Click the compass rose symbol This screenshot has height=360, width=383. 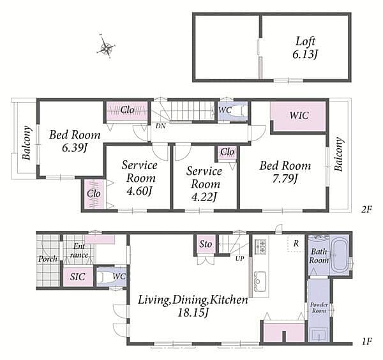click(106, 47)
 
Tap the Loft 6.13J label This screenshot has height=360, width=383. click(305, 48)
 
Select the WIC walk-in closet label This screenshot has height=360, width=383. click(299, 116)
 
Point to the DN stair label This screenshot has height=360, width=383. click(160, 126)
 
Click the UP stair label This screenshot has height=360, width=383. click(239, 259)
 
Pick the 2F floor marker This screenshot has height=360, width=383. click(366, 209)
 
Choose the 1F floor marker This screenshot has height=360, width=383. click(366, 341)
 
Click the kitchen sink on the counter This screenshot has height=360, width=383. click(260, 281)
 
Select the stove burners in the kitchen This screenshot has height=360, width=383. click(260, 246)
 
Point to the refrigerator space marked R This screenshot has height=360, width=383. click(296, 243)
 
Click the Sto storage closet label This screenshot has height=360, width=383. click(206, 244)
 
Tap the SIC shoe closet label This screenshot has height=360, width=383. click(77, 277)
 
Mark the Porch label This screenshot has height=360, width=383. click(48, 259)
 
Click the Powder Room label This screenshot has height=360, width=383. click(319, 308)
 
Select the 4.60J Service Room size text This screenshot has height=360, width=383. click(139, 191)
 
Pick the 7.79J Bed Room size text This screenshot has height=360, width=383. click(285, 179)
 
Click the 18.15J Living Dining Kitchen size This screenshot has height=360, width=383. click(193, 312)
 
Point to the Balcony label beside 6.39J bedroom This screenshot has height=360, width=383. click(27, 143)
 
